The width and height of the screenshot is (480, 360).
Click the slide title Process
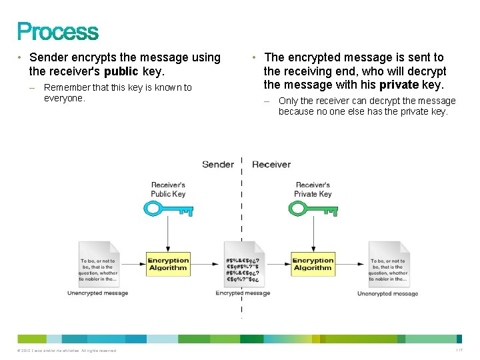point(57,31)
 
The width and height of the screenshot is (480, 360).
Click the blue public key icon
point(168,209)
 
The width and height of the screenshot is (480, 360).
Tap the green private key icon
point(312,209)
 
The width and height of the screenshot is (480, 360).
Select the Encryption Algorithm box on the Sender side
point(168,264)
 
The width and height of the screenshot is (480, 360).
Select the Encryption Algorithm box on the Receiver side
point(313,264)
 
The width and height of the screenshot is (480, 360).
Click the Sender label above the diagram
point(218,164)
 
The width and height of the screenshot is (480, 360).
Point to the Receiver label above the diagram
point(271,164)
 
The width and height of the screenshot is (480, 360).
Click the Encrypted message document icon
point(242,265)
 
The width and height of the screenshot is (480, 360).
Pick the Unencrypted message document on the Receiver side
point(388,265)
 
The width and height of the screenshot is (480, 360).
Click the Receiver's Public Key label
point(168,189)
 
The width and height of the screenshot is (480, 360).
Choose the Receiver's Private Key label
point(313,189)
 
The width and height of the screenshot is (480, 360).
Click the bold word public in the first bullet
point(121,71)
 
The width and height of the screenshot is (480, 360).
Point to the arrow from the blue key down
point(168,233)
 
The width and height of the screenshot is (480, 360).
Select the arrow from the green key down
point(313,233)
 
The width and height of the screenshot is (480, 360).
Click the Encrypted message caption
point(243,293)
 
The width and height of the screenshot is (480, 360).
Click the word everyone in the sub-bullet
point(64,98)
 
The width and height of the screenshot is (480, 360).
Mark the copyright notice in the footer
point(67,351)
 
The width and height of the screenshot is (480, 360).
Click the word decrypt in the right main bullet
point(427,71)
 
